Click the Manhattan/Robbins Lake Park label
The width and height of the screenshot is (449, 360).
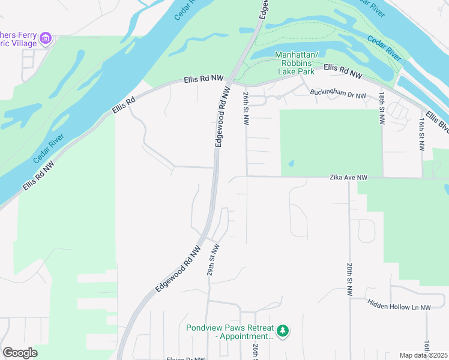(294, 63)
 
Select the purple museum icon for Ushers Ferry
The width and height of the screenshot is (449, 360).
(45, 40)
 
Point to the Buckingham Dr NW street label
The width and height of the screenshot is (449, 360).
(338, 94)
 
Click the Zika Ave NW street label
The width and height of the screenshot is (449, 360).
(348, 178)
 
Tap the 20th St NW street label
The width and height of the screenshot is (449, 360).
(349, 279)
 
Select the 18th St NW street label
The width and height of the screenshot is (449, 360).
(381, 109)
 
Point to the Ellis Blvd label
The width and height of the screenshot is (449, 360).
(436, 122)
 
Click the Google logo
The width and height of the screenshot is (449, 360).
(20, 353)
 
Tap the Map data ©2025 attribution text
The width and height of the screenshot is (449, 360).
(423, 355)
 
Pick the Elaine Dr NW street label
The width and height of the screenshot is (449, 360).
(187, 358)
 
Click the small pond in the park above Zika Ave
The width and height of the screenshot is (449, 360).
(291, 163)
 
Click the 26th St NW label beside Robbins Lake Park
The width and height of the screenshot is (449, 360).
(246, 108)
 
